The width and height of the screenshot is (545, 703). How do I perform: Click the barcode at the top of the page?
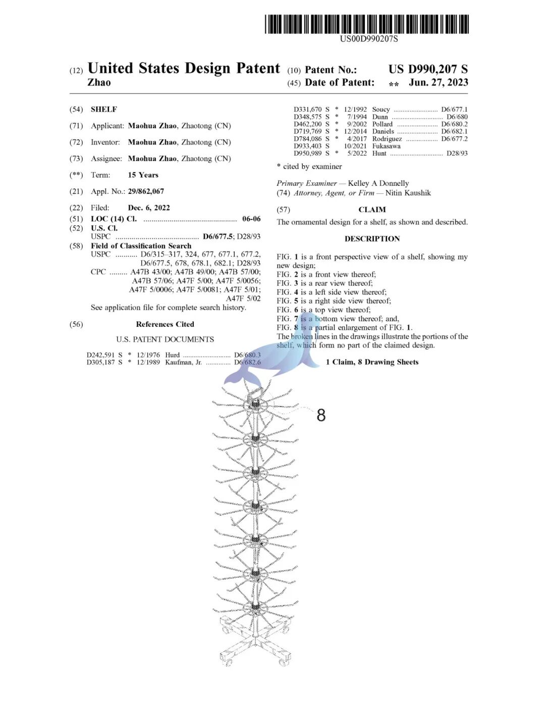367,24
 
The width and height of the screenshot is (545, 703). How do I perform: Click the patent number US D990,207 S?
428,69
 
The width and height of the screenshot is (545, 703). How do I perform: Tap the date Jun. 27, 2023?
438,82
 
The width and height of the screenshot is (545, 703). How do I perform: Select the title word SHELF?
104,109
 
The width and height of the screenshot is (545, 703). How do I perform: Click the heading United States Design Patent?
184,68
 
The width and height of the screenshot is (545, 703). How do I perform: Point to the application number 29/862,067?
146,191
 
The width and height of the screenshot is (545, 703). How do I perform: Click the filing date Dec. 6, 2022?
149,208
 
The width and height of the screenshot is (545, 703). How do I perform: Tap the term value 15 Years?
143,175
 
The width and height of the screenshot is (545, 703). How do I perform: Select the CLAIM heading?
372,210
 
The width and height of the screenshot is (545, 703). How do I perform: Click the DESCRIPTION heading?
372,239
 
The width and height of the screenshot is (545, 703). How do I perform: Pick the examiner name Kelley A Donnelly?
378,183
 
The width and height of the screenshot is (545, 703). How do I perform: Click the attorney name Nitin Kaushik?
408,193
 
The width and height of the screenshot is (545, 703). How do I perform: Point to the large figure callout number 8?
321,415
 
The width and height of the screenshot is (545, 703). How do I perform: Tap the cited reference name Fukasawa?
386,146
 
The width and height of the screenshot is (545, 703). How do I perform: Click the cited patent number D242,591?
100,355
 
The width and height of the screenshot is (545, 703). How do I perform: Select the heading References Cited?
165,324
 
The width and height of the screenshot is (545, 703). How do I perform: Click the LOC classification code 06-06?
251,219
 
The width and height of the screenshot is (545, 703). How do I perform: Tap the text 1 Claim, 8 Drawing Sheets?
372,362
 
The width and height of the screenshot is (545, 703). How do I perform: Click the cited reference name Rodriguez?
387,139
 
